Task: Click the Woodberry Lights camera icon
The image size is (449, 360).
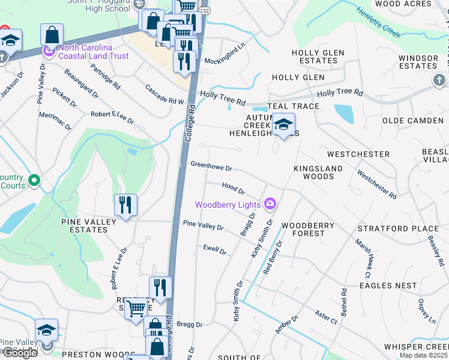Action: pos(270,205)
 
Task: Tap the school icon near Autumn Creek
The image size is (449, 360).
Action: pos(284,125)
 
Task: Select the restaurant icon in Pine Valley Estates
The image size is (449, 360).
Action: pos(126,205)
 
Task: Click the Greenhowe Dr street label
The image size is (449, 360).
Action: pos(211,166)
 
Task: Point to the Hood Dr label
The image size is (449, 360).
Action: pos(234,189)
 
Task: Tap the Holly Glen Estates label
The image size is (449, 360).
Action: pos(318,57)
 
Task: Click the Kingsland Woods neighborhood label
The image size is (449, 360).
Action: pos(318,173)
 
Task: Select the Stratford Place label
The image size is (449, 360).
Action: pos(398,229)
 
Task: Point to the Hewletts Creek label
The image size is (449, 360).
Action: pos(378,22)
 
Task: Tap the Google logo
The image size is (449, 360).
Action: pos(20,353)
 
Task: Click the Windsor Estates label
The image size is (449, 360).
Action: pos(418,61)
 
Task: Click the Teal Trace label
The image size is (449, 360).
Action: pos(294,106)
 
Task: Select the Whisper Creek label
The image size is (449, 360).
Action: pos(416,347)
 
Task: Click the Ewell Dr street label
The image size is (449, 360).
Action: pos(214,250)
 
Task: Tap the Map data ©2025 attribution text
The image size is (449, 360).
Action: pos(423,355)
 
